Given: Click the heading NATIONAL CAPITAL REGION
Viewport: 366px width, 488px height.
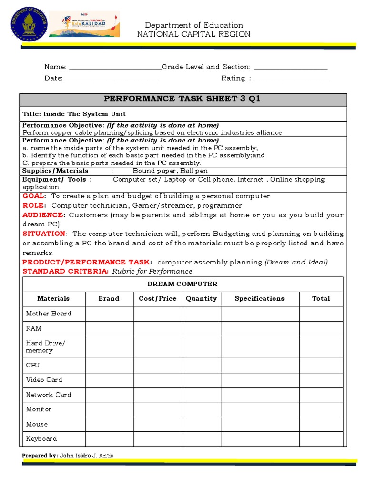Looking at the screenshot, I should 193,34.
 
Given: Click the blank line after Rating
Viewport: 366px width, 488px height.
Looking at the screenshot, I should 290,79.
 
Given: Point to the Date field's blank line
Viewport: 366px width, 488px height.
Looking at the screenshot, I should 111,79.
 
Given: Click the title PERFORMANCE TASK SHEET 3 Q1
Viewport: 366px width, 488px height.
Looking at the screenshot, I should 183,99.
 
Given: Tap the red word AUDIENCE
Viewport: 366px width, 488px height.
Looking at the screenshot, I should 43,215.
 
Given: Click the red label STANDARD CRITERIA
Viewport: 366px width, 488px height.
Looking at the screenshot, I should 66,271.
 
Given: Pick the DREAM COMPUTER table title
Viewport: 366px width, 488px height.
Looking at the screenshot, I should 183,284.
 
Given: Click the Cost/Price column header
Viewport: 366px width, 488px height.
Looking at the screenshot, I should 158,299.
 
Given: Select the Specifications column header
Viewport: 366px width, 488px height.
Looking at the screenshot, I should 259,299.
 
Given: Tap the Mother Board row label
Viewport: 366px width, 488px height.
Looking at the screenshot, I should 49,314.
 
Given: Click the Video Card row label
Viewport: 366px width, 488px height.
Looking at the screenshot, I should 44,380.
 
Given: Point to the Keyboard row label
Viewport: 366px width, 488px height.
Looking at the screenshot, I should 41,438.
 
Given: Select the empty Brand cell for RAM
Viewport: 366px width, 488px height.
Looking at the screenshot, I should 109,328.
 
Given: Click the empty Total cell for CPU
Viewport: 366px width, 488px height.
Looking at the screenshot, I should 321,365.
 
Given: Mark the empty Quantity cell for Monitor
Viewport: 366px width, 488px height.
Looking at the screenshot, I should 202,409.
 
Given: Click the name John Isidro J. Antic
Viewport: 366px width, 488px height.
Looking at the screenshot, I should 86,456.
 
